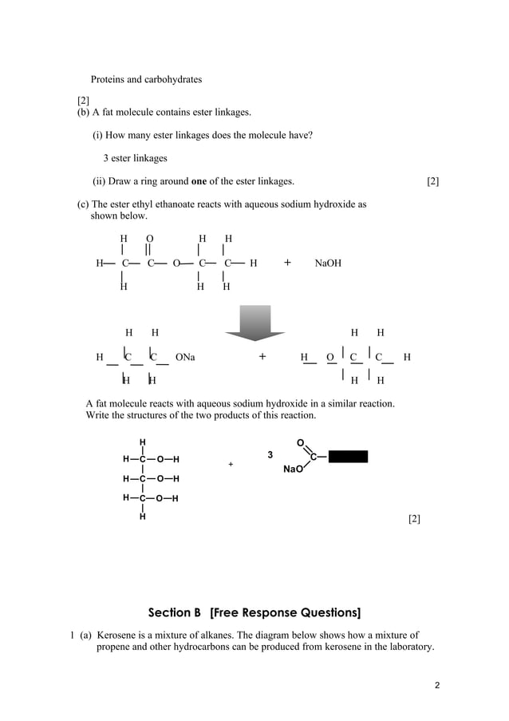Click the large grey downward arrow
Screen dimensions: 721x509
point(254,322)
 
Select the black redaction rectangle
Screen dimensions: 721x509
point(348,457)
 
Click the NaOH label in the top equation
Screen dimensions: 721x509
point(328,263)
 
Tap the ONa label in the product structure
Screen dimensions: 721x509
point(184,357)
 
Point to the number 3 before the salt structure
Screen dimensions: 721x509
point(270,455)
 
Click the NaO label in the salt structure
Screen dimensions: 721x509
point(293,469)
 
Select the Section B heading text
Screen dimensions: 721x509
point(254,613)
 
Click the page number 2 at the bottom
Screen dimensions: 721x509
point(437,685)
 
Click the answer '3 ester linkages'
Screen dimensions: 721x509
point(135,158)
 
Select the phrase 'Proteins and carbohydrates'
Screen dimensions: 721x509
point(146,80)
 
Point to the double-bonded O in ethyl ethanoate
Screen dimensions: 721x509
point(150,239)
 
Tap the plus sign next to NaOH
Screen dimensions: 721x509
point(287,262)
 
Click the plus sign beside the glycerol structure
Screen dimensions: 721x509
point(231,464)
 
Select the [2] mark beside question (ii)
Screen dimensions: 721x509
point(432,181)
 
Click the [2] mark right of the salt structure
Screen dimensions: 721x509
point(414,519)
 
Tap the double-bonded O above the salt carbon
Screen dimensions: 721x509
point(300,442)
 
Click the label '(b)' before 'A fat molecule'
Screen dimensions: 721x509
point(83,113)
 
